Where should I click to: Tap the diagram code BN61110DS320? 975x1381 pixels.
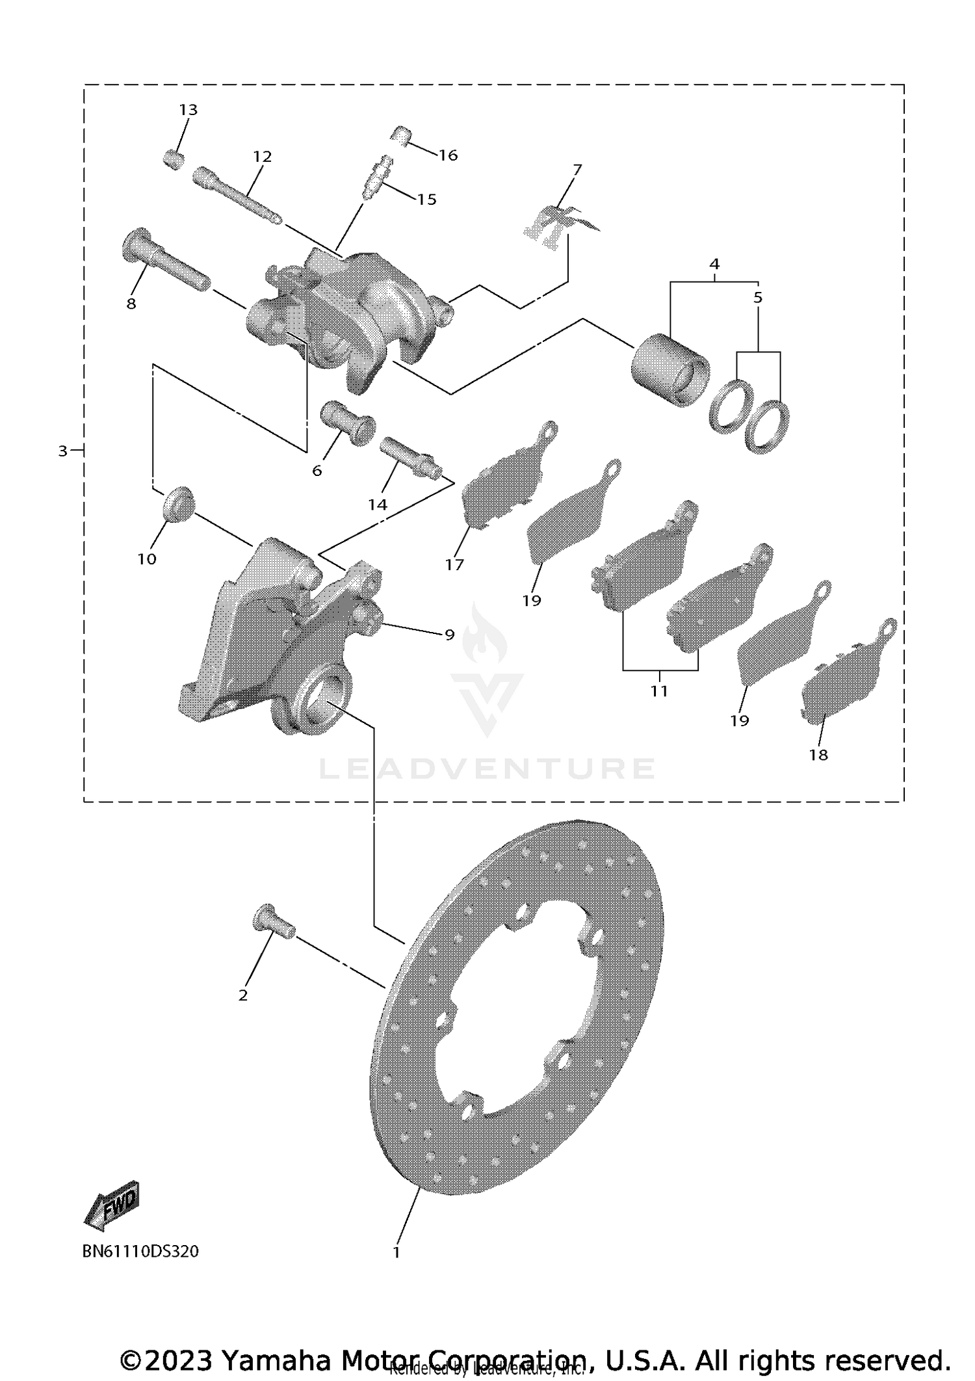coord(140,1252)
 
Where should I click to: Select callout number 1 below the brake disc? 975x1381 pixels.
coord(396,1252)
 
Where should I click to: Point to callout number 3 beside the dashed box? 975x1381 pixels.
coord(62,451)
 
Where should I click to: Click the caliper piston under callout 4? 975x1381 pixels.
coord(669,369)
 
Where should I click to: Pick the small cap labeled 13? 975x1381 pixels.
coord(172,158)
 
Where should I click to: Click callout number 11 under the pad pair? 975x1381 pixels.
coord(659,691)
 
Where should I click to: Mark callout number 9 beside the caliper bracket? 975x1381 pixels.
coord(449,635)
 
